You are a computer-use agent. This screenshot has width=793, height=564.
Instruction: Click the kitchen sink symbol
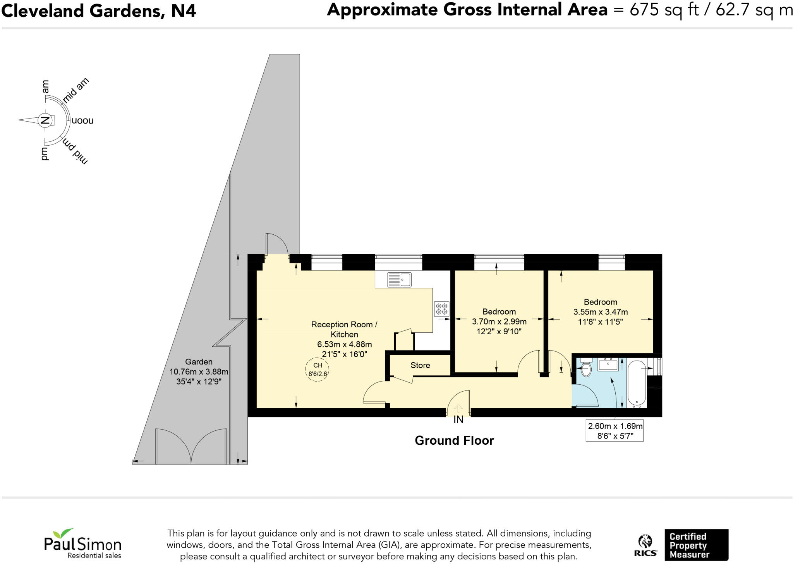pos(399,279)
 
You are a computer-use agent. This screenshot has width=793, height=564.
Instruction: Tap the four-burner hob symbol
pos(442,309)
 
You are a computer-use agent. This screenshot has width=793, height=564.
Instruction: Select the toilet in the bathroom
pos(586,368)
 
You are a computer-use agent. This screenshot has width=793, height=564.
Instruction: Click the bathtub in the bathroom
pos(637,383)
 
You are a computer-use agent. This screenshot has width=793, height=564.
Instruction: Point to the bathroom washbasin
pos(608,365)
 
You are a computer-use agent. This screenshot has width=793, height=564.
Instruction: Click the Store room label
pos(420,365)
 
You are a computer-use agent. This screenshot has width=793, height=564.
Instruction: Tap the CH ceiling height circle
pos(317,370)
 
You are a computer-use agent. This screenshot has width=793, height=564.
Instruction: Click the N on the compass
pos(45,120)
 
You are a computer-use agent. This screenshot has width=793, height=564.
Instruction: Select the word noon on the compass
pos(82,120)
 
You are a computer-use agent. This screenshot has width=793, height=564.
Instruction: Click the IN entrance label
pos(458,420)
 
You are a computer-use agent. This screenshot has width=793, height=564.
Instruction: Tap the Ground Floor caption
pos(454,440)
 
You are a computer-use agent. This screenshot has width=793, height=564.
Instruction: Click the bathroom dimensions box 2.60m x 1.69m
pos(615,431)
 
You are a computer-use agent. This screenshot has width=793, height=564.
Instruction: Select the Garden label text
pos(199,362)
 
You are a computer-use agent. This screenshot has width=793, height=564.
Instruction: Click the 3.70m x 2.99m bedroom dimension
pos(499,322)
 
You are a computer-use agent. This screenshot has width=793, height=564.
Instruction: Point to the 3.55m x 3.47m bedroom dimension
pos(601,312)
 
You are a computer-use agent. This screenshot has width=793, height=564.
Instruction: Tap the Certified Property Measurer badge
pos(696,545)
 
